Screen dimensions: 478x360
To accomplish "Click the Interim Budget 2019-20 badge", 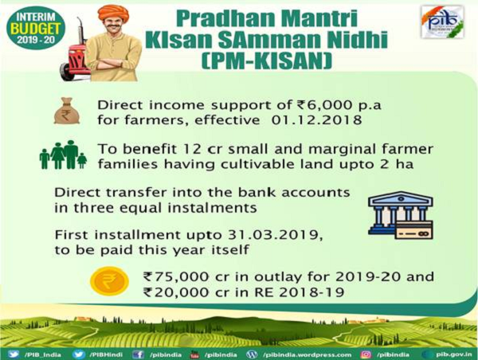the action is tap(36, 28).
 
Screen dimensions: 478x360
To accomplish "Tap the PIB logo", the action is tap(442, 22).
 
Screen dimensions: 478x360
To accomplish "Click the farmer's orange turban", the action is tap(113, 14).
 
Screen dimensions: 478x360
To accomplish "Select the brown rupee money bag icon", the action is tap(67, 111).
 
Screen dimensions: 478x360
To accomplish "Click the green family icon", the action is tap(63, 155).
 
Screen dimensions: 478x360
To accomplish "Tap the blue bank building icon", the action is tap(400, 215).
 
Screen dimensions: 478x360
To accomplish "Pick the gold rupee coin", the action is tap(110, 280).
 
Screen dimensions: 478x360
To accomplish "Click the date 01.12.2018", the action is tap(316, 119).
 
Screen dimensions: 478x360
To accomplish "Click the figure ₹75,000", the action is tap(177, 277).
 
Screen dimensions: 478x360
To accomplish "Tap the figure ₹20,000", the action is tap(177, 292).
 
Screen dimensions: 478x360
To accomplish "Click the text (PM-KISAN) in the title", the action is tap(266, 61).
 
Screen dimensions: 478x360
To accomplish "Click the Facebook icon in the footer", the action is tap(139, 354).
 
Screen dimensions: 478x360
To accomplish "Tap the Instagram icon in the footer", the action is tap(366, 354).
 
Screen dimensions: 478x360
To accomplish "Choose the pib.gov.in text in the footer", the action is tap(454, 354).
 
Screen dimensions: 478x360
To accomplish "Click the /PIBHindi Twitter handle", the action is tap(106, 354).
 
